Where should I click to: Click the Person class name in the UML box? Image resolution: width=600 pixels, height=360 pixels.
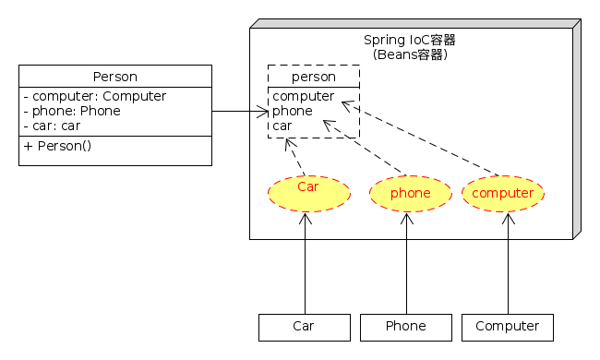pos(115,77)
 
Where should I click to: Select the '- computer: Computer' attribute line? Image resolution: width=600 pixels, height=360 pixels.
pos(94,96)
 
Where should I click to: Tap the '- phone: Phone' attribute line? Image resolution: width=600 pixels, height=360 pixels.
pos(75,111)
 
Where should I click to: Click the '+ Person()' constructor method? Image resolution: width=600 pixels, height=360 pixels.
pos(58,146)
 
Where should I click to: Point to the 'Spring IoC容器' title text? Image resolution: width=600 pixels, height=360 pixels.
pos(410,40)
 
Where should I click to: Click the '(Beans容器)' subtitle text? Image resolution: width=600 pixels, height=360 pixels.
pos(410,54)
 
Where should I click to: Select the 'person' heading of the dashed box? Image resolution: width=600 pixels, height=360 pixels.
pos(313,77)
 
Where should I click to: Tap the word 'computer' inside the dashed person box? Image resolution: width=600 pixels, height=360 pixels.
pos(303,96)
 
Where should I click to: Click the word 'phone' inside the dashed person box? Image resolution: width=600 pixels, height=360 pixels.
pos(292,111)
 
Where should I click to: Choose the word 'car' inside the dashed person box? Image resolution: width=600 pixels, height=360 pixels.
pos(282,126)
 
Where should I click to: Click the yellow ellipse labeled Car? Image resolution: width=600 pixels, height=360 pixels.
pos(308,192)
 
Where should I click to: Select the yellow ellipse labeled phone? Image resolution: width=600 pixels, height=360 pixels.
pos(410,193)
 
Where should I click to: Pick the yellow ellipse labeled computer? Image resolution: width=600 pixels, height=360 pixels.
pos(502,193)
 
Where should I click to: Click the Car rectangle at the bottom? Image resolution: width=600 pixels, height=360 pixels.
pos(304,327)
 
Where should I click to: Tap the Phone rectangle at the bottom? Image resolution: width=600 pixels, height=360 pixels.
pos(405,327)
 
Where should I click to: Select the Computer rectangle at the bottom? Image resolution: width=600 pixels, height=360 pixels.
pos(507,327)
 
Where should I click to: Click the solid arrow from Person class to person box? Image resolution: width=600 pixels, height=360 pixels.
pos(240,112)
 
